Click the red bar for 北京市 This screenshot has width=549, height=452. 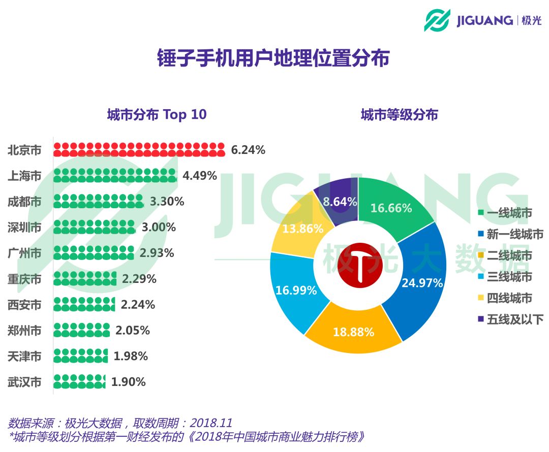[139, 150]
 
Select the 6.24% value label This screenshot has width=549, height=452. [248, 150]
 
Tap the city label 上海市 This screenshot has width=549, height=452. [24, 176]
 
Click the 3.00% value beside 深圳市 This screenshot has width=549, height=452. [159, 227]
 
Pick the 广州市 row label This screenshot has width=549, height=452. [24, 253]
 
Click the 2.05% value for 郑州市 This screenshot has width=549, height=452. [133, 331]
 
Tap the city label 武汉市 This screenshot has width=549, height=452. [24, 382]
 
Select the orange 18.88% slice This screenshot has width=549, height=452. [353, 330]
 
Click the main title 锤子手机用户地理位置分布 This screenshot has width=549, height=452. [273, 58]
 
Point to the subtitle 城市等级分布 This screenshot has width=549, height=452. [399, 115]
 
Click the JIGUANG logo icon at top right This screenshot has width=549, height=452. [437, 20]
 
